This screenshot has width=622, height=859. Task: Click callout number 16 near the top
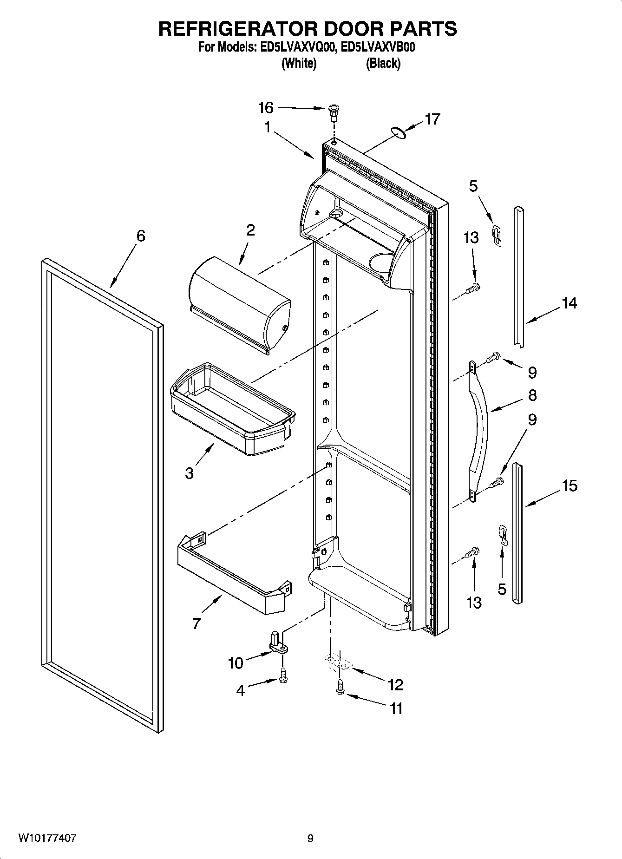pos(266,108)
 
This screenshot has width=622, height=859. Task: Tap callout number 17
pos(432,119)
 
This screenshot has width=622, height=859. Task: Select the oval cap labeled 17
pos(398,132)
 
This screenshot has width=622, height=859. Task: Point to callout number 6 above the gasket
pos(140,236)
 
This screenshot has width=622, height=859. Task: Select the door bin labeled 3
pos(232,409)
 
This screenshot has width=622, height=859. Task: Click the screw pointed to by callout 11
pos(340,688)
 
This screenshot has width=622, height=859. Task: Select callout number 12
pos(396,684)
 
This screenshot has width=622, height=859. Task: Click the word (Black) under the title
pos(383,63)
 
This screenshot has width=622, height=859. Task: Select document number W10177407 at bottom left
pos(47,838)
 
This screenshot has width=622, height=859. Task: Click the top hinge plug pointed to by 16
pos(333,111)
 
